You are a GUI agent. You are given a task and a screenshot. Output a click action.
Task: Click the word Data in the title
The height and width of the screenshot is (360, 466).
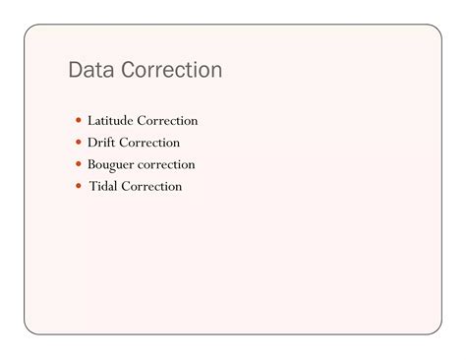pyautogui.click(x=91, y=70)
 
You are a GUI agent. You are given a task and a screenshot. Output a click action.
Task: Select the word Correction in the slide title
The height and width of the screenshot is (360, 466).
pyautogui.click(x=172, y=70)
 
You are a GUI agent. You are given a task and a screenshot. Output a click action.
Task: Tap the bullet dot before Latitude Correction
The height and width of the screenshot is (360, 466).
pyautogui.click(x=79, y=120)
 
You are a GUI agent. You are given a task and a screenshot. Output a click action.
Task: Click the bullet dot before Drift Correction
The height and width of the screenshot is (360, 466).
pyautogui.click(x=79, y=142)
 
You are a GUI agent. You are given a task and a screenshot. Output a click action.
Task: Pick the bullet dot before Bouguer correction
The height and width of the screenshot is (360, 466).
pyautogui.click(x=79, y=163)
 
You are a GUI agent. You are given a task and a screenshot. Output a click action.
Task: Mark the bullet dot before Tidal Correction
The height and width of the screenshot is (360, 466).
pyautogui.click(x=79, y=186)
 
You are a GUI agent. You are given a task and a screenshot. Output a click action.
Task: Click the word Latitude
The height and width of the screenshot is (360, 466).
pyautogui.click(x=110, y=120)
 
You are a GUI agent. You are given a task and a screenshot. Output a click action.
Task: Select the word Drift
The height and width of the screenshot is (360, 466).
pyautogui.click(x=101, y=143)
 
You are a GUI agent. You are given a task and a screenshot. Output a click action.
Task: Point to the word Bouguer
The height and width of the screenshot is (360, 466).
pyautogui.click(x=111, y=165)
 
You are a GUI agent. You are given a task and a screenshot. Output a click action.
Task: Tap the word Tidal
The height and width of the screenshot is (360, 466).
pyautogui.click(x=103, y=186)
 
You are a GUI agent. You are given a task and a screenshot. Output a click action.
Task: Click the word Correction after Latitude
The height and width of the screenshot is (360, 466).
pyautogui.click(x=167, y=120)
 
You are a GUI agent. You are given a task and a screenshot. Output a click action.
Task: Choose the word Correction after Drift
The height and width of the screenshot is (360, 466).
pyautogui.click(x=149, y=143)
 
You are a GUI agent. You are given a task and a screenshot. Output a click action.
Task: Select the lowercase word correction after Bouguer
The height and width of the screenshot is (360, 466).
pyautogui.click(x=166, y=164)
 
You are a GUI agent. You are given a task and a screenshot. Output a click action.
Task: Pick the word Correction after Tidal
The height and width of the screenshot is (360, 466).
pyautogui.click(x=151, y=186)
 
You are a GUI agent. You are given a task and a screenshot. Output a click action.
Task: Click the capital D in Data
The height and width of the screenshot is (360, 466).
pyautogui.click(x=75, y=70)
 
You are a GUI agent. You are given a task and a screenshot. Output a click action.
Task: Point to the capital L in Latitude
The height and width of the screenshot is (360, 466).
pyautogui.click(x=91, y=120)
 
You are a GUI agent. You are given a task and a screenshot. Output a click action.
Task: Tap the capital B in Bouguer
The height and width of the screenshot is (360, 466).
pyautogui.click(x=91, y=164)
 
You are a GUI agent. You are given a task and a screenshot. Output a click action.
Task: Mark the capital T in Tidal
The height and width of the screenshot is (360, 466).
pyautogui.click(x=93, y=186)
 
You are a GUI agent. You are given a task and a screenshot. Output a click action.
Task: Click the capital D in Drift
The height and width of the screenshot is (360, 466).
pyautogui.click(x=92, y=143)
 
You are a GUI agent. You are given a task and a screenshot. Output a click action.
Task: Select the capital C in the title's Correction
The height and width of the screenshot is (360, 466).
pyautogui.click(x=129, y=70)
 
